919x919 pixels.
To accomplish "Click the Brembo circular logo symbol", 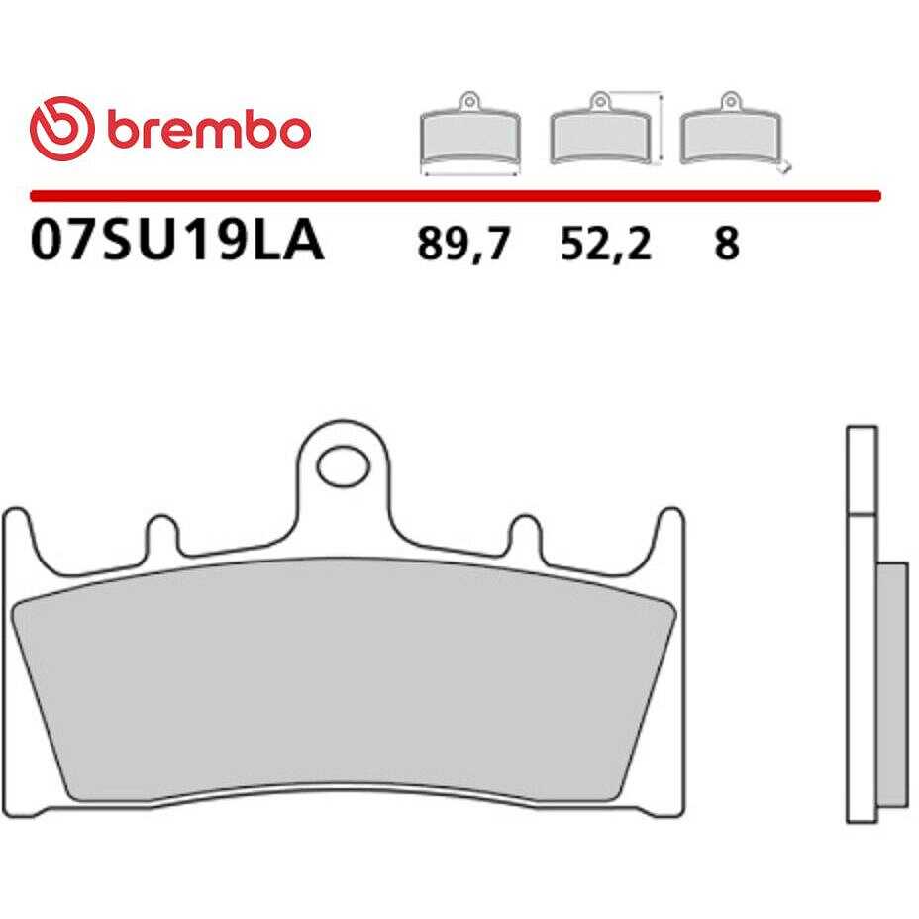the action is tap(61, 129).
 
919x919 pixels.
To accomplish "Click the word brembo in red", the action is tap(209, 129).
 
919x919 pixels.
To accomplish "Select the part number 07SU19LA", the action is tap(177, 241).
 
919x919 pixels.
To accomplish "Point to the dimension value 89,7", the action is tap(463, 244).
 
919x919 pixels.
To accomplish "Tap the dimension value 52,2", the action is tap(606, 244).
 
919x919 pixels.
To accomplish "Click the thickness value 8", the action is tap(727, 243).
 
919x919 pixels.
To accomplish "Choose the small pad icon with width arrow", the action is tap(470, 134).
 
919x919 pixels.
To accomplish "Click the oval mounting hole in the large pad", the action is tap(343, 466).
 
